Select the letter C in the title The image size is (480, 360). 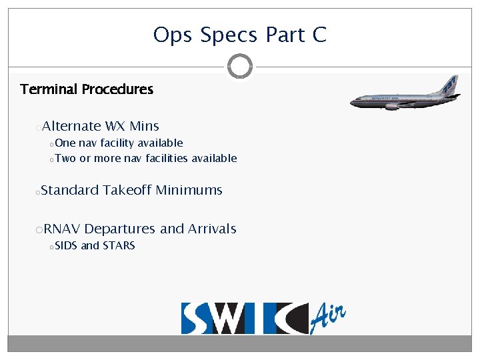pyautogui.click(x=319, y=35)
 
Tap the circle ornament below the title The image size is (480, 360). pyautogui.click(x=240, y=66)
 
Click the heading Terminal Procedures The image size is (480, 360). pyautogui.click(x=87, y=89)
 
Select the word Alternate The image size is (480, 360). pyautogui.click(x=71, y=126)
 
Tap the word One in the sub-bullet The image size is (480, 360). pyautogui.click(x=65, y=143)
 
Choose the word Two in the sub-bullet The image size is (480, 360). pyautogui.click(x=65, y=158)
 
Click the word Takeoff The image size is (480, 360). pyautogui.click(x=127, y=190)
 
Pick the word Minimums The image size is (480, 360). pyautogui.click(x=189, y=190)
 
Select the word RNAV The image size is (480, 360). pyautogui.click(x=62, y=229)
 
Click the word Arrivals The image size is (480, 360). pyautogui.click(x=212, y=229)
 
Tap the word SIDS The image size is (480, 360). pyautogui.click(x=66, y=245)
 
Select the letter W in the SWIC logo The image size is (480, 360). pyautogui.click(x=230, y=319)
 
